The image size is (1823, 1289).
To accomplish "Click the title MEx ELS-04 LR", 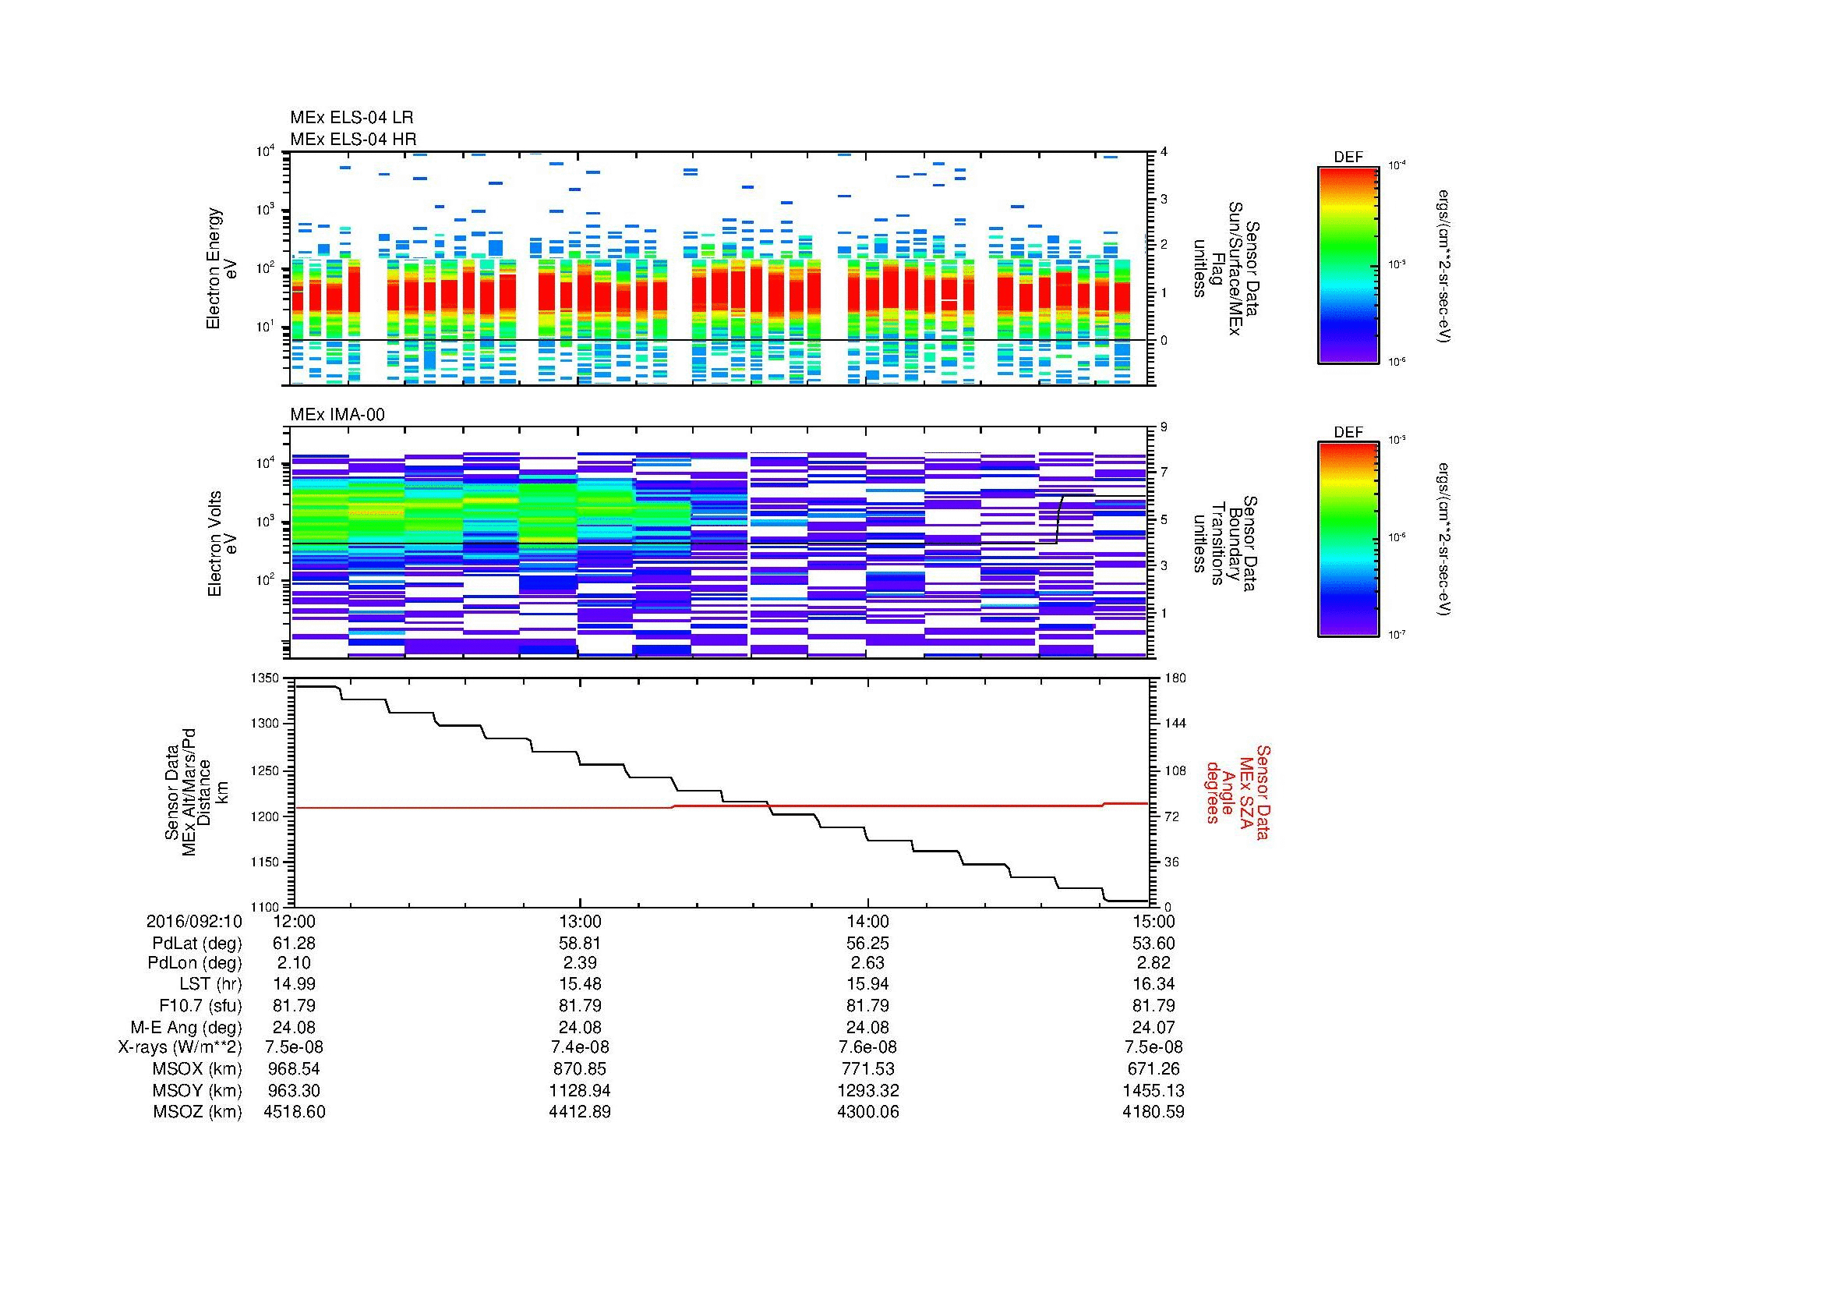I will (351, 119).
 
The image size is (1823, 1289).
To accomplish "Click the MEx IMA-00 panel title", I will (337, 415).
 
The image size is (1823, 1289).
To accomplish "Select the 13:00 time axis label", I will (581, 921).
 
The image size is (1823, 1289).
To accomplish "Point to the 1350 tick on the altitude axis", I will (266, 678).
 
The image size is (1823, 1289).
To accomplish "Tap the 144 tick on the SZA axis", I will (1174, 724).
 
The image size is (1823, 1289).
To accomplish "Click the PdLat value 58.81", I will (581, 944).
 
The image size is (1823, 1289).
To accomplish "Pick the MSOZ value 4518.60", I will (294, 1112).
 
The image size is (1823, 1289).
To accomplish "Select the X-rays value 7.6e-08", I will (867, 1047).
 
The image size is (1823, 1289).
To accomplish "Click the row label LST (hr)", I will (210, 985).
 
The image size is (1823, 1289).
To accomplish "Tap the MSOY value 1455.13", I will (1153, 1090).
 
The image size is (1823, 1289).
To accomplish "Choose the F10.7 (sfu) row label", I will (200, 1005).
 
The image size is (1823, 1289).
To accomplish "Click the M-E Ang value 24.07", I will (1153, 1027).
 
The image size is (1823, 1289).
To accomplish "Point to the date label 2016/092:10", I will (194, 921).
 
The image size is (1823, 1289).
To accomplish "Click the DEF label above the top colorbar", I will (1348, 158).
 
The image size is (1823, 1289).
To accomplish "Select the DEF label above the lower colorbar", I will (1348, 433).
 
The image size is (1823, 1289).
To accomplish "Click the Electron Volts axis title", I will (214, 544).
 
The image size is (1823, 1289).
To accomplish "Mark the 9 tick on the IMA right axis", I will (1164, 427).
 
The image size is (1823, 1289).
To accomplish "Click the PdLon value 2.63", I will (867, 963).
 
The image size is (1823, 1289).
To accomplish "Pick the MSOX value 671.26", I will (1153, 1069).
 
